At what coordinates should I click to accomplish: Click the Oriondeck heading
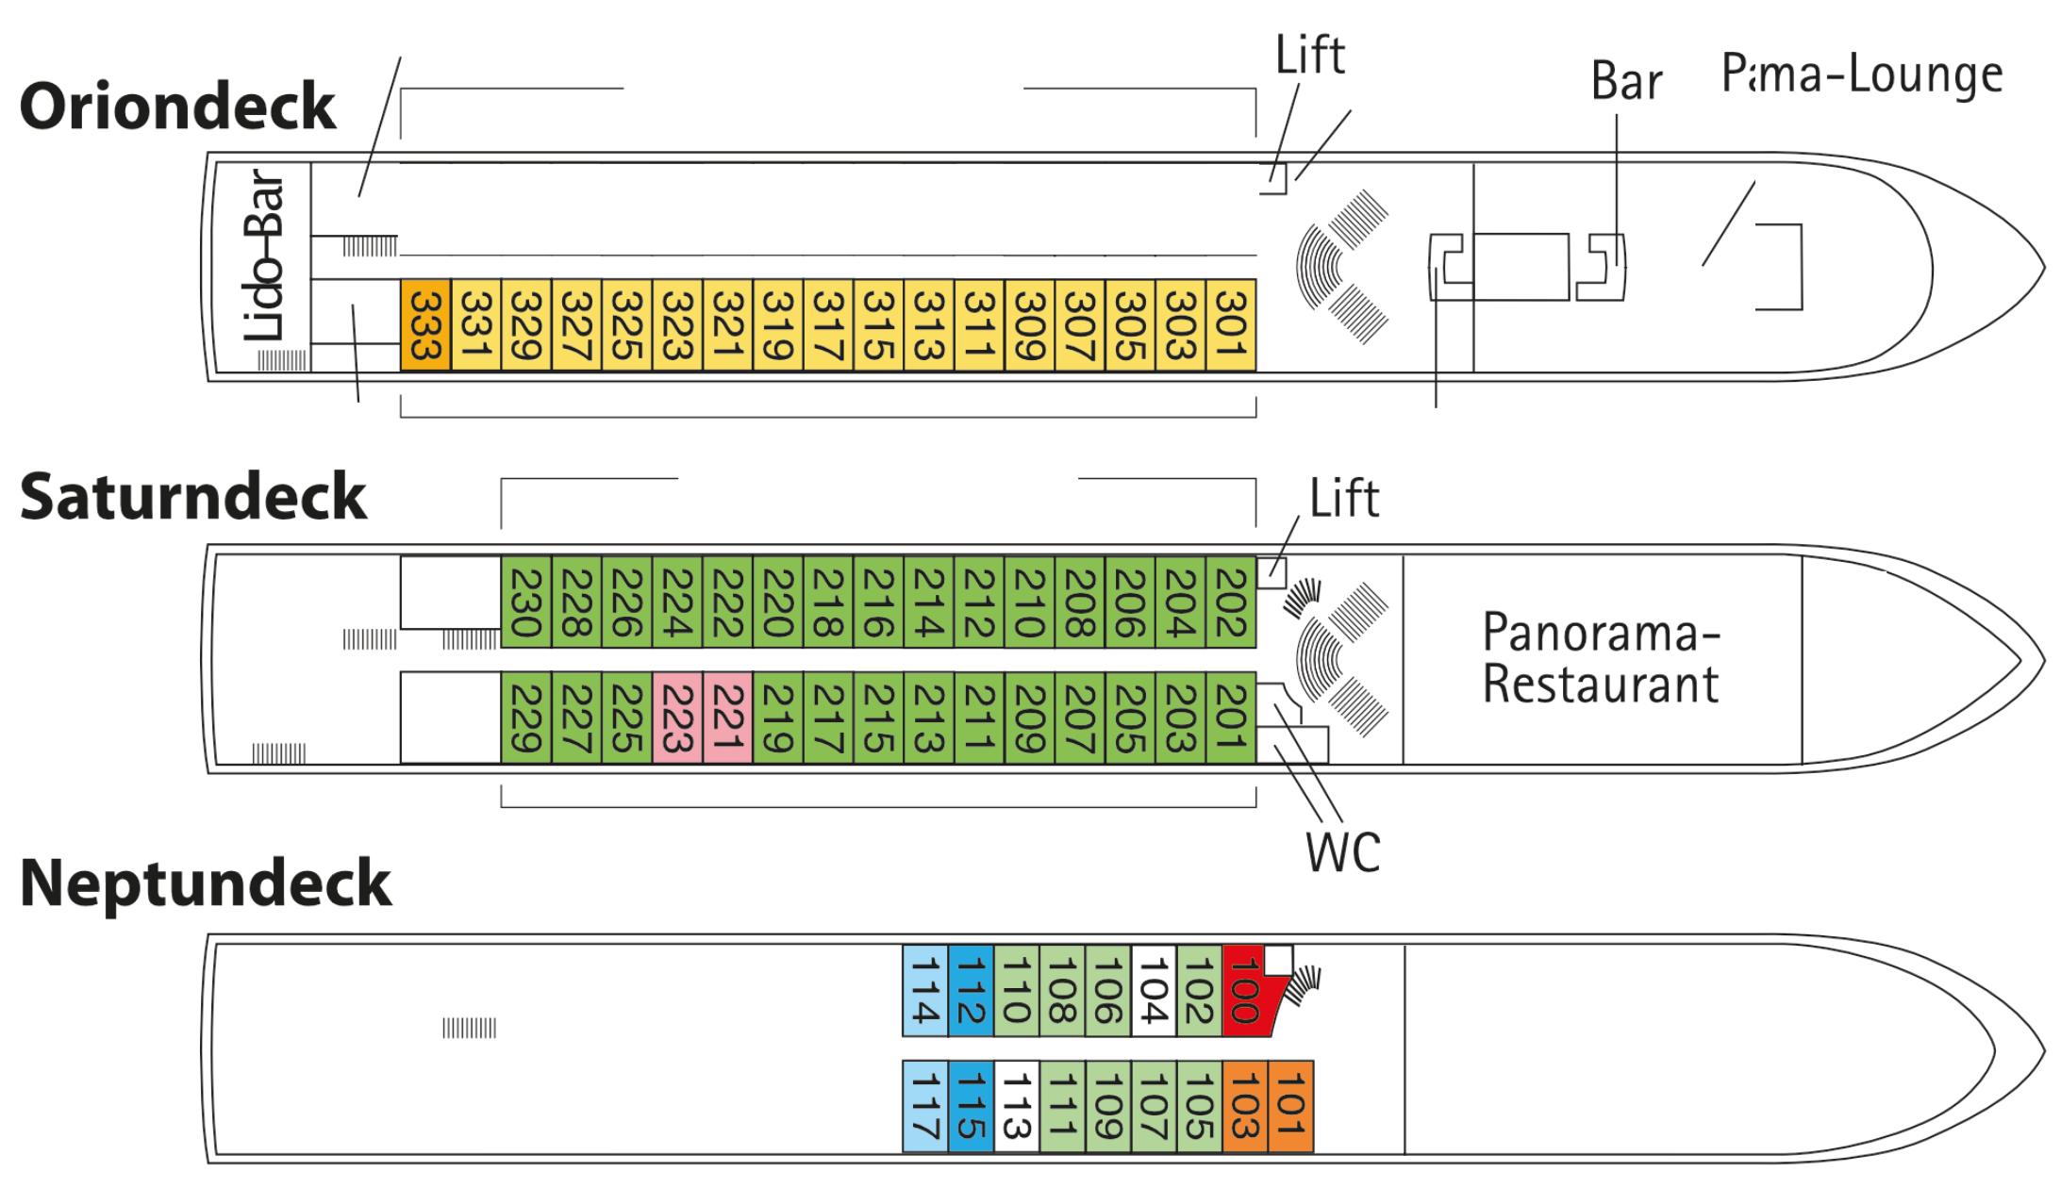pyautogui.click(x=177, y=107)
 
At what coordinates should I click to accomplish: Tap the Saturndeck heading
pyautogui.click(x=192, y=496)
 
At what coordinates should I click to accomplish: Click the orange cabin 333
pyautogui.click(x=425, y=324)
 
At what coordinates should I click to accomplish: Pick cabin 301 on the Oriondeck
pyautogui.click(x=1231, y=324)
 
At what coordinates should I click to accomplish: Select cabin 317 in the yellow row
pyautogui.click(x=828, y=324)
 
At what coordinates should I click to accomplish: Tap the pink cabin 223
pyautogui.click(x=677, y=718)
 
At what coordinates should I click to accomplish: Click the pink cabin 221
pyautogui.click(x=727, y=718)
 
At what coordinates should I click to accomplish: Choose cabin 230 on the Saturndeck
pyautogui.click(x=525, y=602)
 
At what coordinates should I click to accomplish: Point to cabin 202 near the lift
pyautogui.click(x=1231, y=602)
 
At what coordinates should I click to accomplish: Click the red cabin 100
pyautogui.click(x=1245, y=990)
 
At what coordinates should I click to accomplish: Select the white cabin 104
pyautogui.click(x=1154, y=990)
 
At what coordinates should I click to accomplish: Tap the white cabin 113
pyautogui.click(x=1016, y=1106)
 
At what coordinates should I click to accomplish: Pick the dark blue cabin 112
pyautogui.click(x=971, y=990)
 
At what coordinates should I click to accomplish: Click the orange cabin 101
pyautogui.click(x=1290, y=1106)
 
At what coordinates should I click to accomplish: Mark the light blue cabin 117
pyautogui.click(x=924, y=1106)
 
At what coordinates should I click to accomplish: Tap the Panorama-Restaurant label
pyautogui.click(x=1601, y=657)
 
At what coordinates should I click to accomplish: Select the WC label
pyautogui.click(x=1342, y=851)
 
